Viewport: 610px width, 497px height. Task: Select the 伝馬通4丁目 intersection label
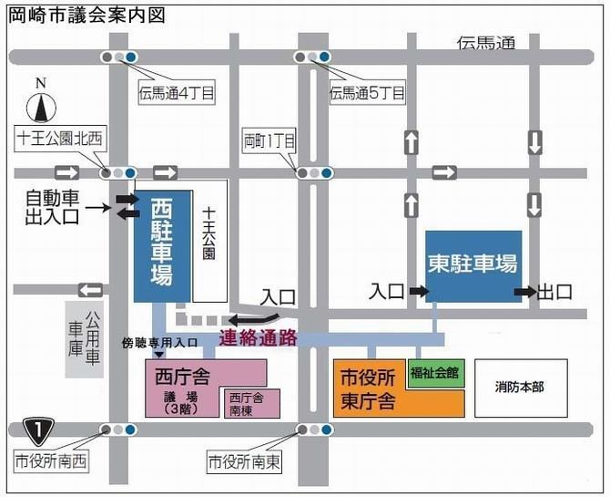175,91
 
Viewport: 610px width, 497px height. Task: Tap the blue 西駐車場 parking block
161,244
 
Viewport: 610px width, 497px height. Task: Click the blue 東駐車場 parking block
473,265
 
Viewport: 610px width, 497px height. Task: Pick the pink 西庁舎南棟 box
247,402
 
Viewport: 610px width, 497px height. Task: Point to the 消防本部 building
520,388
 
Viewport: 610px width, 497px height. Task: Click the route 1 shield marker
37,429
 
